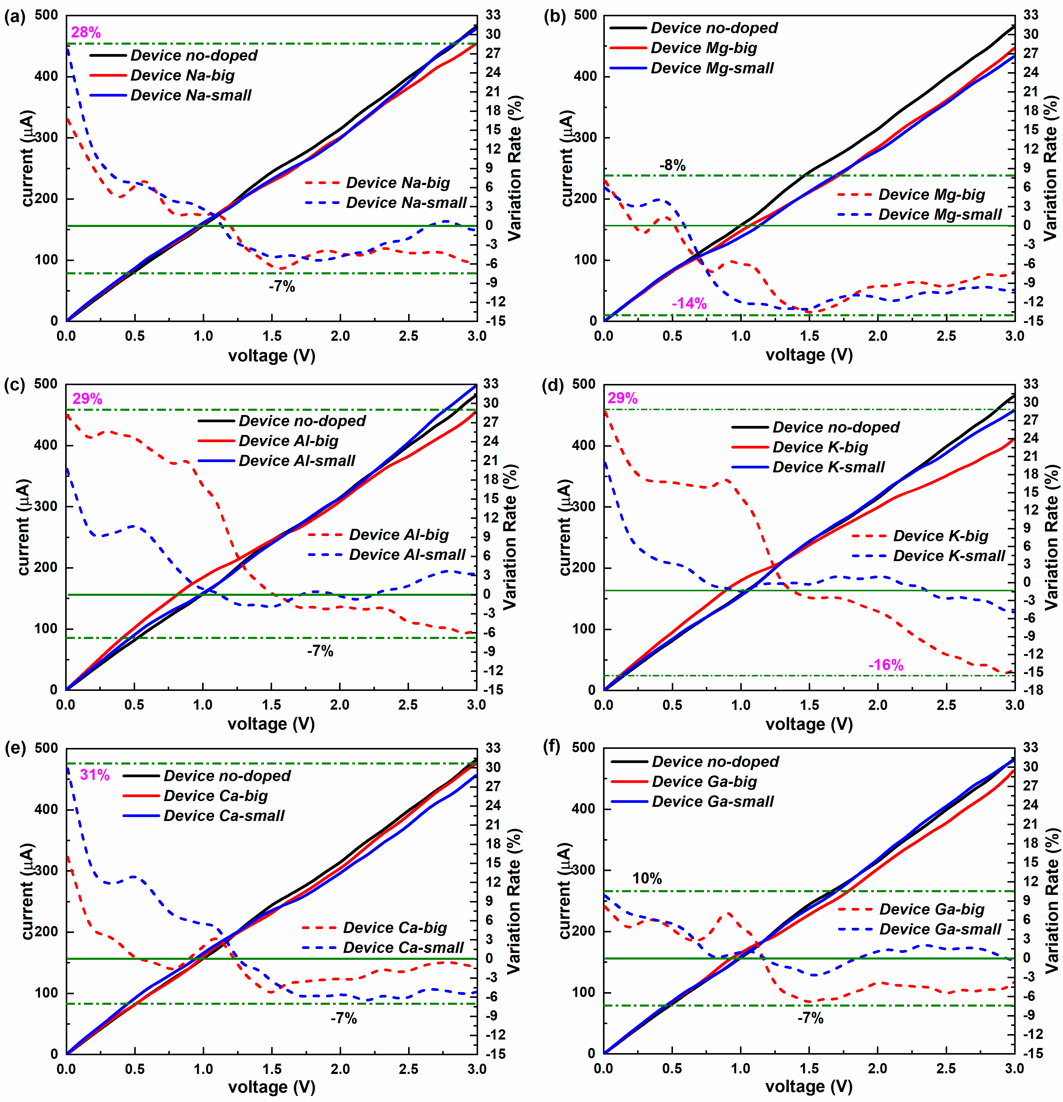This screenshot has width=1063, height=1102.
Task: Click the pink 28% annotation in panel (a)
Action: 86,33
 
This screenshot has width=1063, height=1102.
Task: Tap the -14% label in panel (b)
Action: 689,304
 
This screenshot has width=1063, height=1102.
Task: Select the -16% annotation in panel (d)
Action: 886,665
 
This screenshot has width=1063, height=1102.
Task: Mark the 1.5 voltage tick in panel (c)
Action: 271,705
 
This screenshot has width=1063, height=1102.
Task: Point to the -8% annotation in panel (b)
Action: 673,165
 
